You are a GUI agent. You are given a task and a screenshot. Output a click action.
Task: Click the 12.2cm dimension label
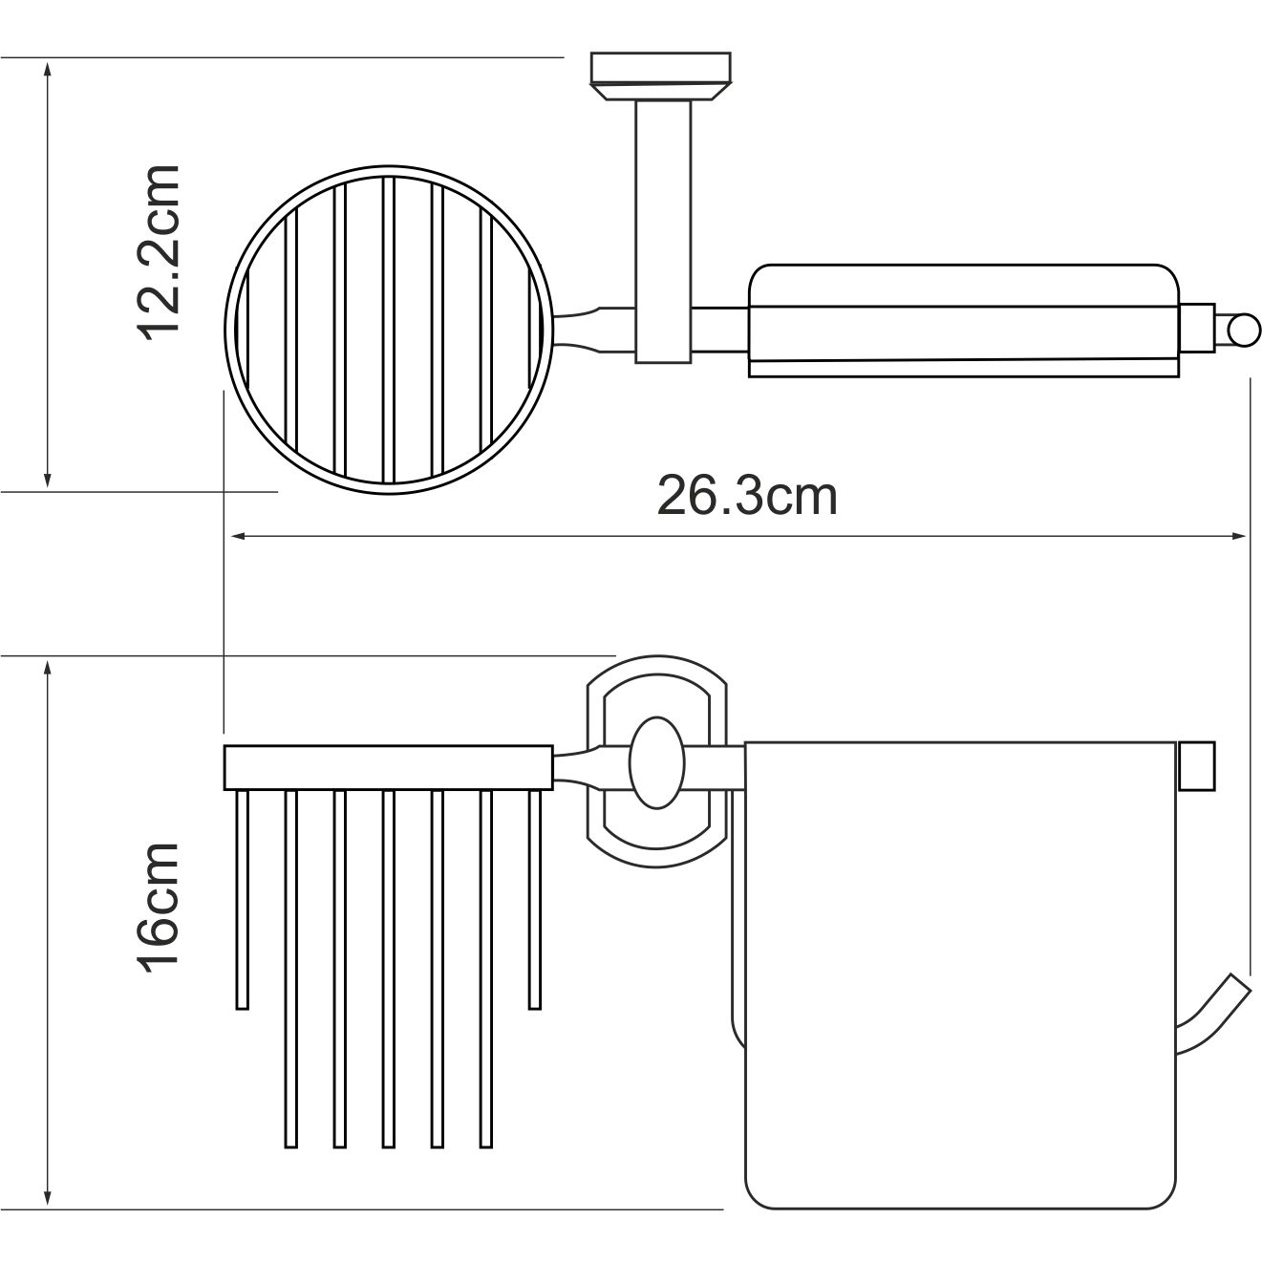point(159,252)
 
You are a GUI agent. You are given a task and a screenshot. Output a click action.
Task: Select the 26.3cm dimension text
point(746,497)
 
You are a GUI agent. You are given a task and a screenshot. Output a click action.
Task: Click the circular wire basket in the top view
point(225,330)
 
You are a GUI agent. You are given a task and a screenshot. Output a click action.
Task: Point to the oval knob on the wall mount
point(657,762)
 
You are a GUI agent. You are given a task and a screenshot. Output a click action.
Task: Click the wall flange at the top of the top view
point(660,76)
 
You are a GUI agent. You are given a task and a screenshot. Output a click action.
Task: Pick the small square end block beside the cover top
point(1196,765)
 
